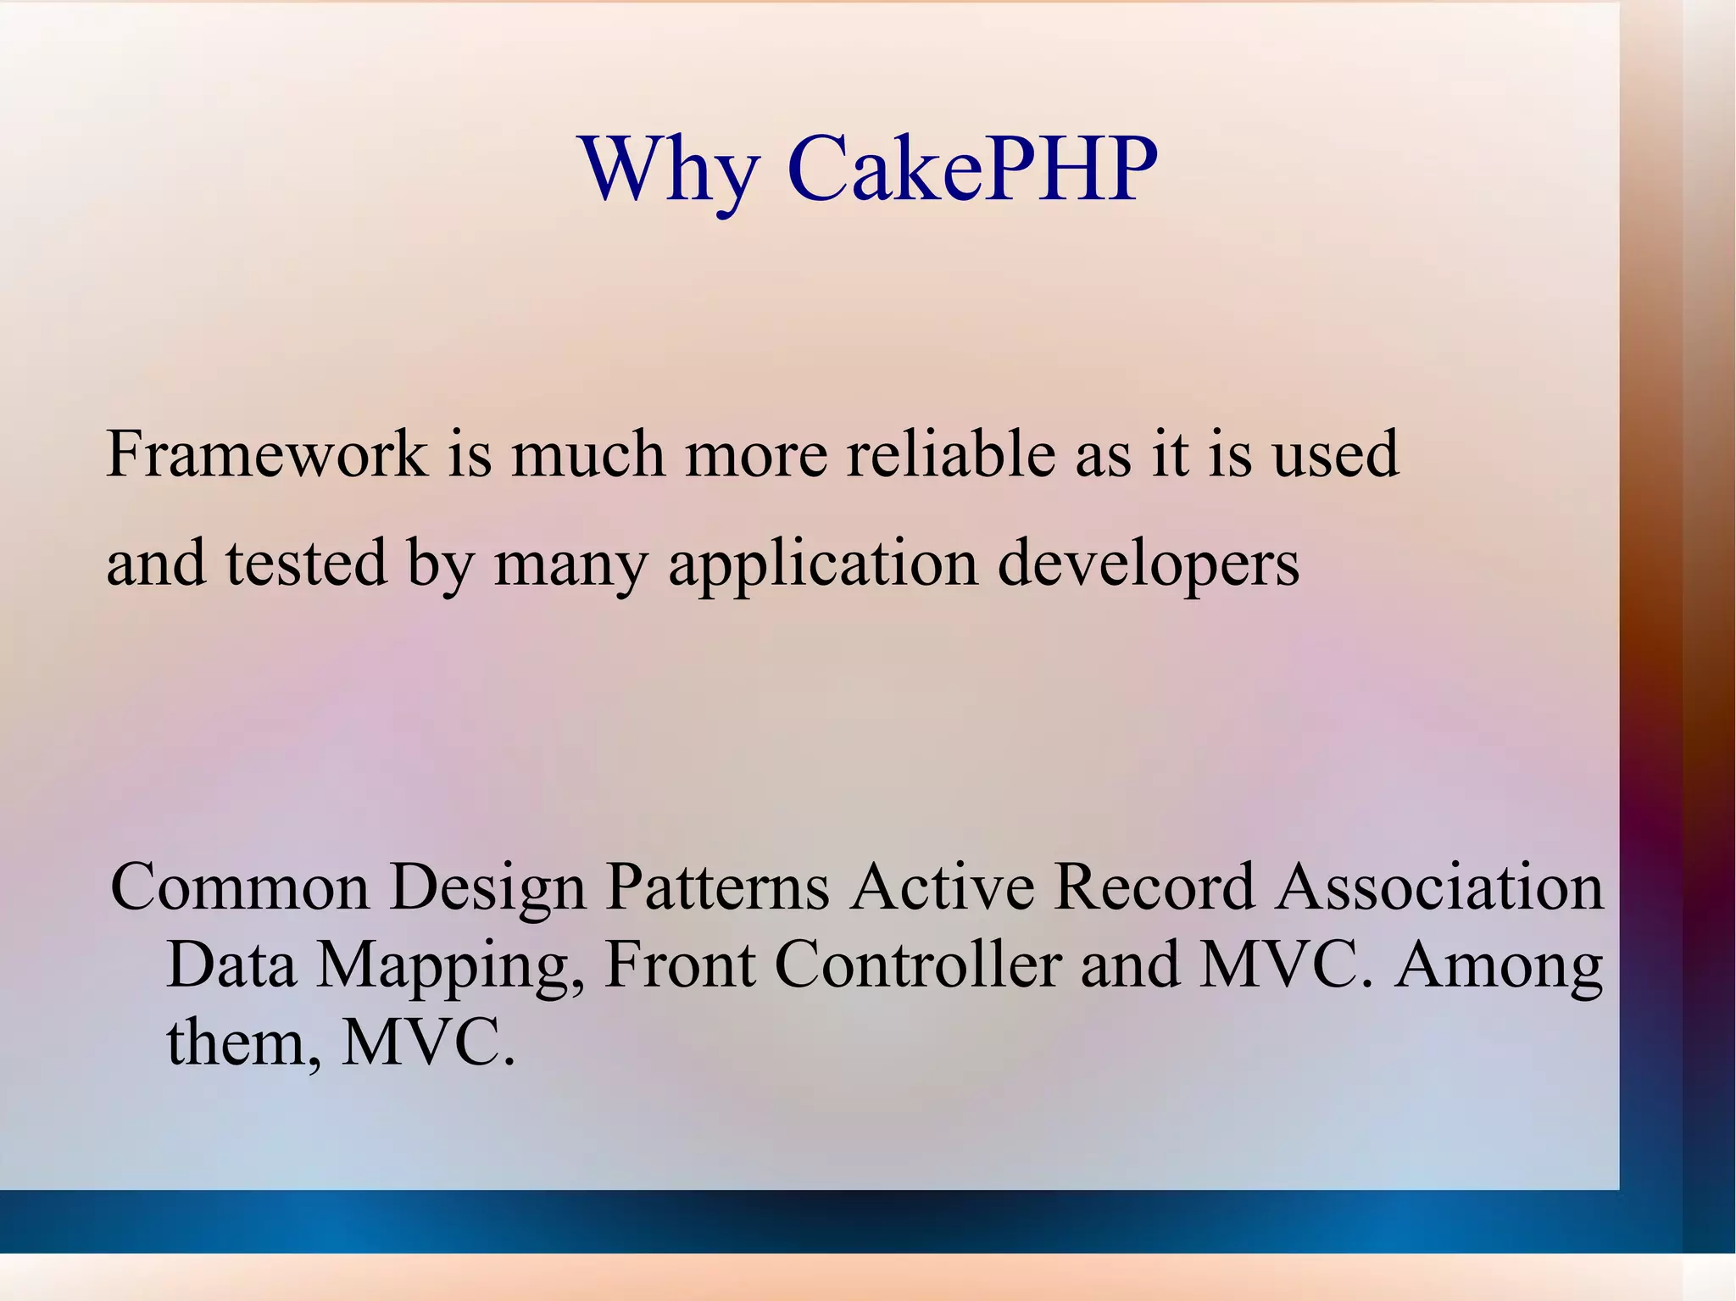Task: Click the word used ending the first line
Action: [x=1335, y=455]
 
